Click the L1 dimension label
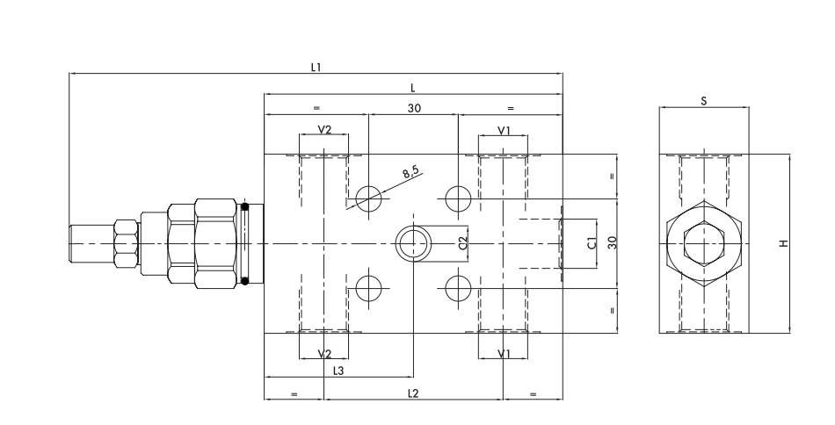coord(315,68)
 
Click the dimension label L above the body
coord(412,89)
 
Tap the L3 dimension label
coord(338,371)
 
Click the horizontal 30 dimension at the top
coord(413,108)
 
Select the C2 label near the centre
coord(464,241)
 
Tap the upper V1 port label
coord(504,130)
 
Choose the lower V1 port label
coord(504,353)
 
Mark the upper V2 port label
coord(324,130)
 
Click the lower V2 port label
coord(324,353)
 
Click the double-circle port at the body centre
coord(411,242)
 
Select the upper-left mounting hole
coord(368,198)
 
